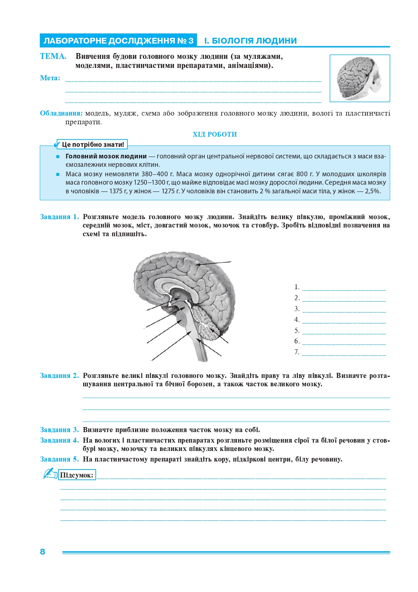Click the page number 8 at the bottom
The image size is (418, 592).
click(x=42, y=552)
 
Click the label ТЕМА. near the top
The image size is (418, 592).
click(x=53, y=56)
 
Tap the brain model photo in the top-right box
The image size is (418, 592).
click(x=359, y=78)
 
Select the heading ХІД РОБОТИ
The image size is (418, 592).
click(x=215, y=134)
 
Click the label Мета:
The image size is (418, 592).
click(x=50, y=78)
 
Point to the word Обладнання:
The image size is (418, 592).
click(x=61, y=113)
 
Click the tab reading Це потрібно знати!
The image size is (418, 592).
click(x=93, y=145)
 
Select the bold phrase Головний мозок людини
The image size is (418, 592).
click(x=106, y=156)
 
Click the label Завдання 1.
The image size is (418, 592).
click(x=59, y=217)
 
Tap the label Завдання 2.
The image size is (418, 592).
click(x=59, y=376)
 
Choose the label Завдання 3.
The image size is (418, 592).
click(x=59, y=430)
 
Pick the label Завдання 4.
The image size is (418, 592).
click(x=59, y=440)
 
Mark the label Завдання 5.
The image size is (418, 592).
click(x=59, y=459)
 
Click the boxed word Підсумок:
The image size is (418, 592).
click(x=77, y=475)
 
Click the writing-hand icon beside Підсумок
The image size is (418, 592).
click(x=50, y=473)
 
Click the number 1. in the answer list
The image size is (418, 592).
click(x=297, y=287)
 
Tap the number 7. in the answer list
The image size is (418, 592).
click(x=297, y=352)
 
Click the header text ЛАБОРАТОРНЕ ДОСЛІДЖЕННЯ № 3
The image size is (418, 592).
click(x=118, y=41)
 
